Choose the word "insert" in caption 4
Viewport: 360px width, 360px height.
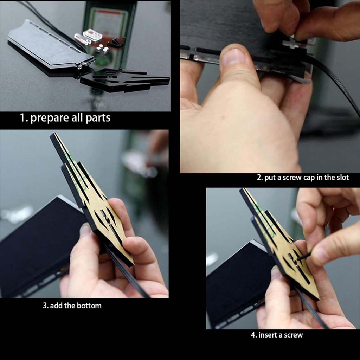[267, 335]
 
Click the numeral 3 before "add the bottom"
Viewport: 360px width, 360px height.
[45, 306]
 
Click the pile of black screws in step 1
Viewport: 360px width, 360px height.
[117, 43]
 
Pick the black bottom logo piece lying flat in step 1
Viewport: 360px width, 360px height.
[125, 79]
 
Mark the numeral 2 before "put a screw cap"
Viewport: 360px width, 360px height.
[259, 178]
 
